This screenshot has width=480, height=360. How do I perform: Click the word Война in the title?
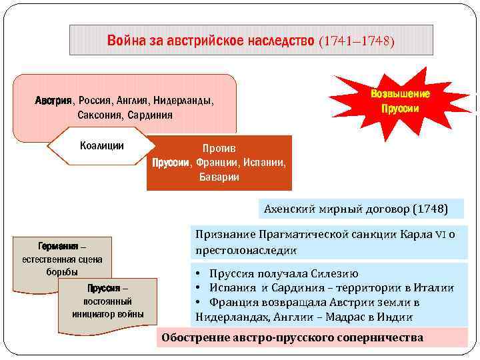[124, 41]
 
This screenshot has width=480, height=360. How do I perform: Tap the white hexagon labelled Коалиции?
[101, 146]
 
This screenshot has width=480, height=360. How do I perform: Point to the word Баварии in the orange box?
[219, 177]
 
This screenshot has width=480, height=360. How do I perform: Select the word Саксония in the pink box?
[101, 115]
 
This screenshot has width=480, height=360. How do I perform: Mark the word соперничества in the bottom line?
[373, 337]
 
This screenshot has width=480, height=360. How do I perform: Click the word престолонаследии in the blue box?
[246, 251]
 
